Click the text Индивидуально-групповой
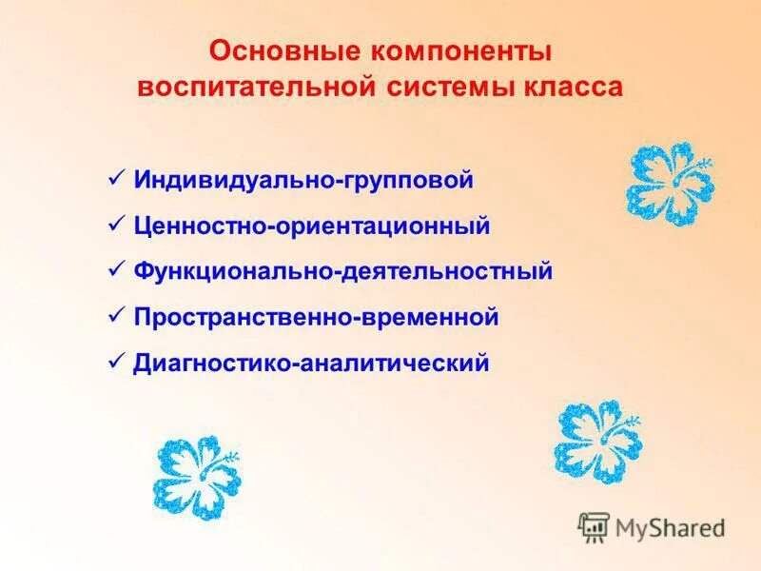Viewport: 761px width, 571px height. pyautogui.click(x=303, y=180)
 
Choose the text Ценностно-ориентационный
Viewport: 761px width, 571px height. pyautogui.click(x=312, y=226)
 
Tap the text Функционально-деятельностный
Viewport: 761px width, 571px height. pyautogui.click(x=343, y=272)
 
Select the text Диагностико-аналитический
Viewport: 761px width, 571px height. pyautogui.click(x=311, y=364)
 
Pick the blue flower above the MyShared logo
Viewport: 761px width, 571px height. pyautogui.click(x=596, y=440)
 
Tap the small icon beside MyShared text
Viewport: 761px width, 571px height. pyautogui.click(x=594, y=526)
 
